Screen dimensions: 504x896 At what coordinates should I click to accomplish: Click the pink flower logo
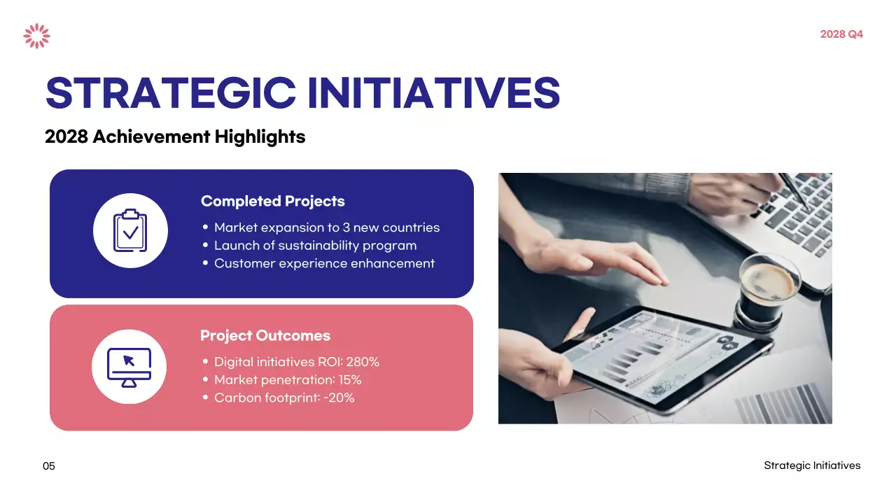[x=36, y=36]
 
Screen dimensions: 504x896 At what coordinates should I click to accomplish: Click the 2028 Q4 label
[x=841, y=34]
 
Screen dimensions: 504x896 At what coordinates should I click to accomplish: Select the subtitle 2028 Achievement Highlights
[x=175, y=136]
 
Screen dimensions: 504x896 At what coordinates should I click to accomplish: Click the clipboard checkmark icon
[x=130, y=231]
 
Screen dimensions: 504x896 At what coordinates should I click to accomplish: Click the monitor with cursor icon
[x=129, y=367]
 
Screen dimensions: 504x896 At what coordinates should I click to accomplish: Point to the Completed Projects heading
[x=272, y=202]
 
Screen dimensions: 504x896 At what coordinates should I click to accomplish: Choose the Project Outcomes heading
[x=265, y=336]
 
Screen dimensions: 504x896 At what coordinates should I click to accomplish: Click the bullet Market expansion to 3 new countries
[x=326, y=227]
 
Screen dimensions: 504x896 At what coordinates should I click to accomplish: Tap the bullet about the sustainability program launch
[x=315, y=246]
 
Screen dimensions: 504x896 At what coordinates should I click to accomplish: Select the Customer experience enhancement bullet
[x=324, y=264]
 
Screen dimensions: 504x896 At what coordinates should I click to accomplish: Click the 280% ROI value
[x=363, y=362]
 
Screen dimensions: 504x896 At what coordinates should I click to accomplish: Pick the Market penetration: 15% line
[x=287, y=380]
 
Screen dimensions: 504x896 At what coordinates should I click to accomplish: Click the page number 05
[x=48, y=466]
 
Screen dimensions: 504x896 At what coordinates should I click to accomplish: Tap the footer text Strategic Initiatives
[x=812, y=465]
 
